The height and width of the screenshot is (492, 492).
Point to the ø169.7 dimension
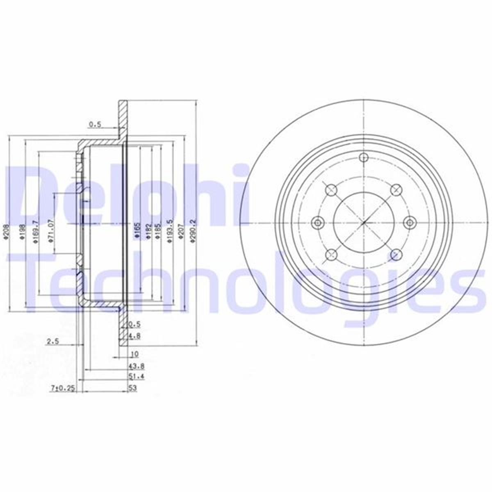coord(36,232)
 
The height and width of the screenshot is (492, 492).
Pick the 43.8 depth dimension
coord(134,366)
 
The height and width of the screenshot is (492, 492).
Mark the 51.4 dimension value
coord(134,376)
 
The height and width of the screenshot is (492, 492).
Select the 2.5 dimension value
coord(52,341)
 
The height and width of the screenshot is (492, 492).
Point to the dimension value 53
coord(132,388)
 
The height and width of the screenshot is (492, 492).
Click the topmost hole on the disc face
coord(364,158)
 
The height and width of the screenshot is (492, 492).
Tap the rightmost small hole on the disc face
coord(410,223)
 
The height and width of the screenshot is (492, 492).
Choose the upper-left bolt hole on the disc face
coord(331,190)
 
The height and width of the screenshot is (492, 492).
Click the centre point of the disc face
coord(364,223)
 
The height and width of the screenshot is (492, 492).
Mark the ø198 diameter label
coord(21,233)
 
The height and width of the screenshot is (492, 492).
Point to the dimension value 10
coord(134,354)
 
